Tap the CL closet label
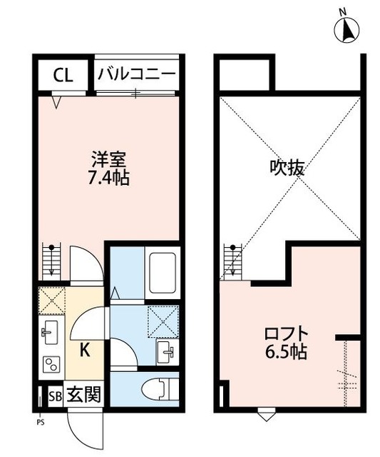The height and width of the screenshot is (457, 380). point(63,74)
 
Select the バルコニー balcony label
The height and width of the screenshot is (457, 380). point(137,74)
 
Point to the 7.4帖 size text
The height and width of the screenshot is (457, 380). point(109,176)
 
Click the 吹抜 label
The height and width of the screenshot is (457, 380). point(287,169)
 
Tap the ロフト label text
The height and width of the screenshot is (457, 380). point(286,333)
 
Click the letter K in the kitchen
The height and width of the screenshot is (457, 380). point(84,350)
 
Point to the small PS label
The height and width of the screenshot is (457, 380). point(40,421)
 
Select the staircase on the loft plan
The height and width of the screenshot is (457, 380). point(233,260)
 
